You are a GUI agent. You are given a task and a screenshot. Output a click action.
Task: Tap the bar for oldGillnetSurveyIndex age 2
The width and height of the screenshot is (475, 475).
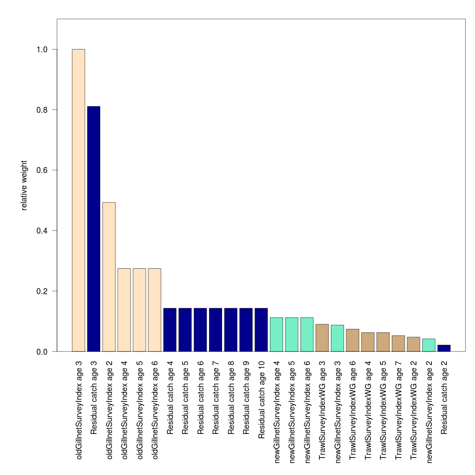tap(109, 277)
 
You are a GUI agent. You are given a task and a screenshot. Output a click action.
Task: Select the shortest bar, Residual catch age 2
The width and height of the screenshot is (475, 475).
tap(444, 348)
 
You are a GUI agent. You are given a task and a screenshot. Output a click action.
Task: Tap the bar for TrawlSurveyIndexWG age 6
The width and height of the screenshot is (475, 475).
tap(353, 340)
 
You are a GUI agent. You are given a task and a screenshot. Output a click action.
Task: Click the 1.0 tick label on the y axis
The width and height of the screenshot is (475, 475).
tap(42, 49)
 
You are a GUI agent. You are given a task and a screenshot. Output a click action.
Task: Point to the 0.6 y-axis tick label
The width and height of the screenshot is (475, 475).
tap(42, 170)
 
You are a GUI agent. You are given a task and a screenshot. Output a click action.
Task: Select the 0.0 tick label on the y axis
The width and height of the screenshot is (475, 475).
tap(42, 351)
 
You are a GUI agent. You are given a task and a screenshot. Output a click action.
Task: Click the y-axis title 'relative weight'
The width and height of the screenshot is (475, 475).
tap(24, 185)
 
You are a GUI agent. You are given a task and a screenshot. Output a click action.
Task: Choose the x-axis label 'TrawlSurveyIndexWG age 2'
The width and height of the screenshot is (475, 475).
tap(414, 410)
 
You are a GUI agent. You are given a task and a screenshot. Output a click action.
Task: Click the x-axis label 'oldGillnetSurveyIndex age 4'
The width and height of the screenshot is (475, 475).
tap(124, 410)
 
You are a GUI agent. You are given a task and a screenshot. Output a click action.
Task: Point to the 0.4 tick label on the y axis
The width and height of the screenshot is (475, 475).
tap(42, 231)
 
